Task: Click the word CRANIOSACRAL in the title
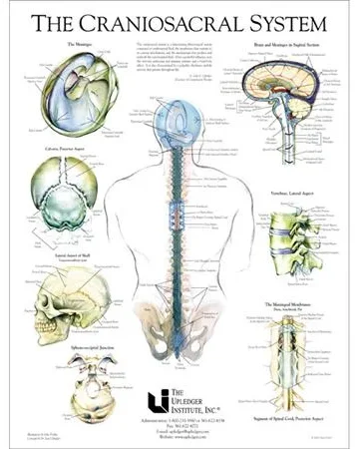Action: (x=172, y=22)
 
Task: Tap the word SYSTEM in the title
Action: (x=290, y=22)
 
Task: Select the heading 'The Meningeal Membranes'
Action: (x=289, y=303)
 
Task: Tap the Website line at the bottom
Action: (x=180, y=438)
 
